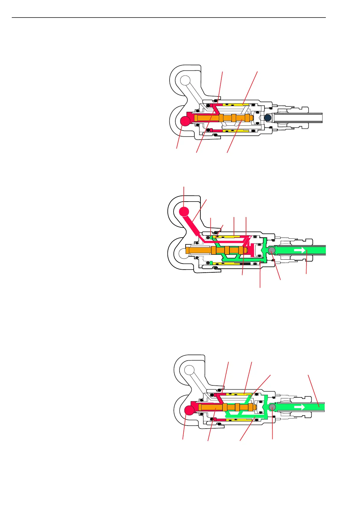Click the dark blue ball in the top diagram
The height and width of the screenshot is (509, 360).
pos(268,118)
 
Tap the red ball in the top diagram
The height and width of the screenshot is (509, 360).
pos(185,121)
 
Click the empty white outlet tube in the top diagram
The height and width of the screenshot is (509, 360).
pos(298,118)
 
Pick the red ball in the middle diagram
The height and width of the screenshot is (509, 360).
pos(184,211)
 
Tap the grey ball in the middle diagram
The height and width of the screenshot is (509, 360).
pos(271,250)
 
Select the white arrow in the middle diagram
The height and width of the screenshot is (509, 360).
pos(300,250)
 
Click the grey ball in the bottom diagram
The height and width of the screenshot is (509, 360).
pos(272,407)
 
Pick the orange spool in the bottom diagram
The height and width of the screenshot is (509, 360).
pos(212,407)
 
